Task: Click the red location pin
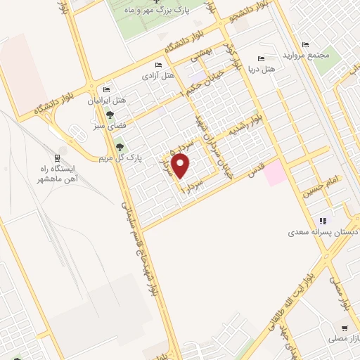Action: point(181,167)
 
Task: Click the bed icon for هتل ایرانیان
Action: point(107,89)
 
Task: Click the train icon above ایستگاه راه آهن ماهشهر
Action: point(58,157)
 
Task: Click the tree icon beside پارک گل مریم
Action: point(119,147)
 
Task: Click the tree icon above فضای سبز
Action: point(109,115)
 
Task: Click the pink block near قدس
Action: point(275,172)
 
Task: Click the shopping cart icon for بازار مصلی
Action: point(344,328)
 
